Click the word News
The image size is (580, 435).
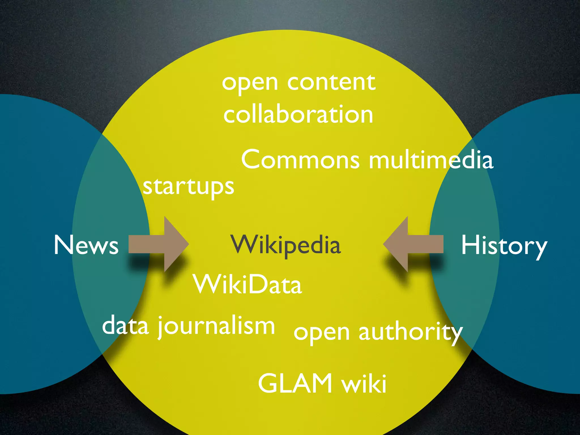pyautogui.click(x=86, y=245)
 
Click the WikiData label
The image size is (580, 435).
pyautogui.click(x=248, y=285)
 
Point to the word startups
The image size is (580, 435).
pyautogui.click(x=188, y=187)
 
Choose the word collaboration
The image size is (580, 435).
pyautogui.click(x=298, y=114)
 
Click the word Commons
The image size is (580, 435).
pyautogui.click(x=300, y=160)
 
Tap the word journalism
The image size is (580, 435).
pyautogui.click(x=216, y=326)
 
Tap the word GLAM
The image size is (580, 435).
pyautogui.click(x=295, y=383)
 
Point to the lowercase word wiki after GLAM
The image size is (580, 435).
pyautogui.click(x=364, y=383)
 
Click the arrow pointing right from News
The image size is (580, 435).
pyautogui.click(x=159, y=244)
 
